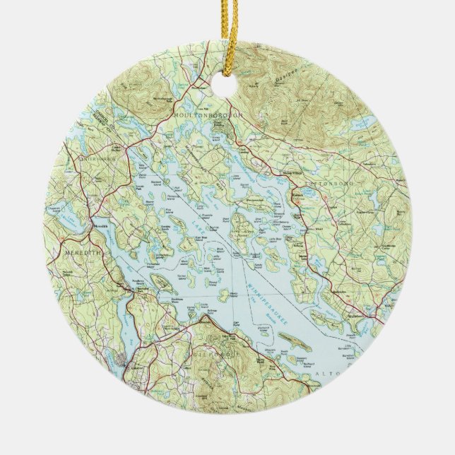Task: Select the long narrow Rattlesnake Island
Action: click(290, 344)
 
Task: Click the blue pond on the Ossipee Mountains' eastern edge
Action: click(367, 124)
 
